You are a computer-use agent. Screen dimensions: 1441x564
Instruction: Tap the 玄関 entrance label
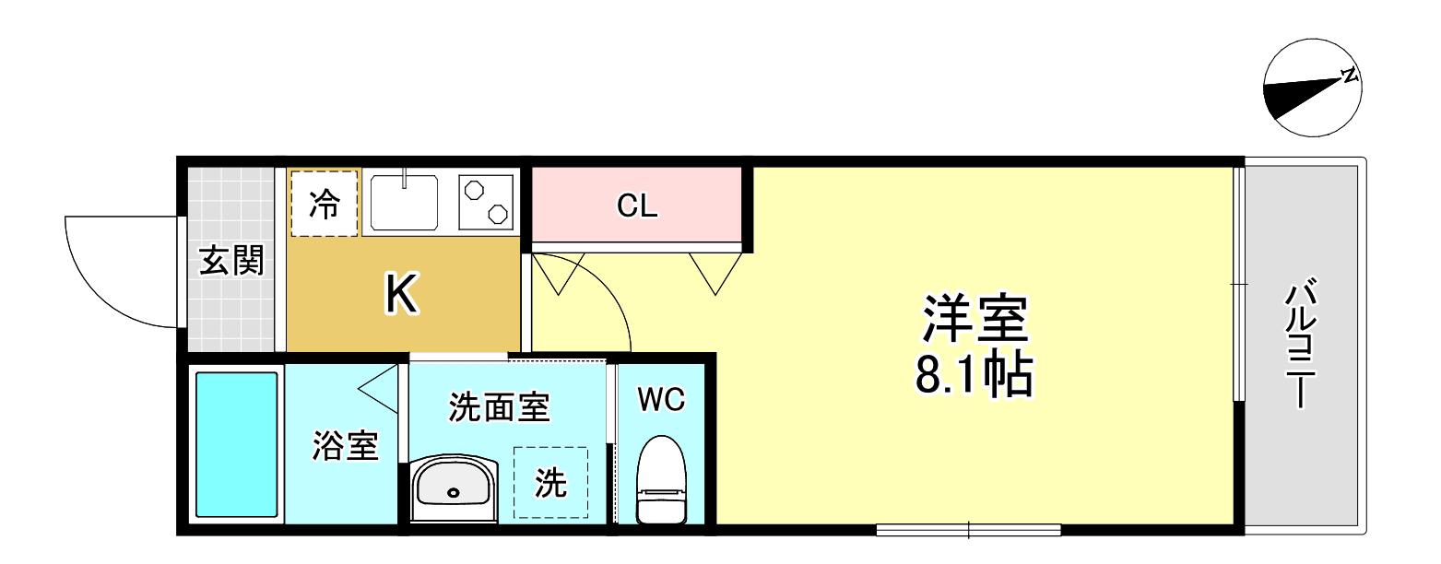pos(231,261)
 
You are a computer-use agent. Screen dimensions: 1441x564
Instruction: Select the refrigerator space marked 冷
pos(325,204)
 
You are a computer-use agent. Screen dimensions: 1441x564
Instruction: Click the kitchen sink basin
pos(404,202)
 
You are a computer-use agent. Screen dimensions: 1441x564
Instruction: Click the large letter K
pos(401,293)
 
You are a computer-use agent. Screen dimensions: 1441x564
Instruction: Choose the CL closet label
pos(637,206)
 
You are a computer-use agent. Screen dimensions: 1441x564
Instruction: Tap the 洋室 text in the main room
pos(975,318)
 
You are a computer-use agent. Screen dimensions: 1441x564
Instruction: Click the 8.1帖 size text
pos(974,373)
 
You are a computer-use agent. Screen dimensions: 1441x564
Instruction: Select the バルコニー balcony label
pos(1302,343)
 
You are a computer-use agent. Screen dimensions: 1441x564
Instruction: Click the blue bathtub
pos(236,444)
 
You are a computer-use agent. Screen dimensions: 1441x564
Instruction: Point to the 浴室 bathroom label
pos(346,445)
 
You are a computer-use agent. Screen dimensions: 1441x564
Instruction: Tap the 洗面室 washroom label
pos(499,407)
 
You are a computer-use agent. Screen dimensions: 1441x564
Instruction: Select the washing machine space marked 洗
pos(550,482)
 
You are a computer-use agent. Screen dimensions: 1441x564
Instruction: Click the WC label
pos(661,399)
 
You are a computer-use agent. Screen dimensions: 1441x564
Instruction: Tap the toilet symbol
pos(661,480)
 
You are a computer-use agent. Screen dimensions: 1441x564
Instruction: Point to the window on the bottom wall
pos(968,530)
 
